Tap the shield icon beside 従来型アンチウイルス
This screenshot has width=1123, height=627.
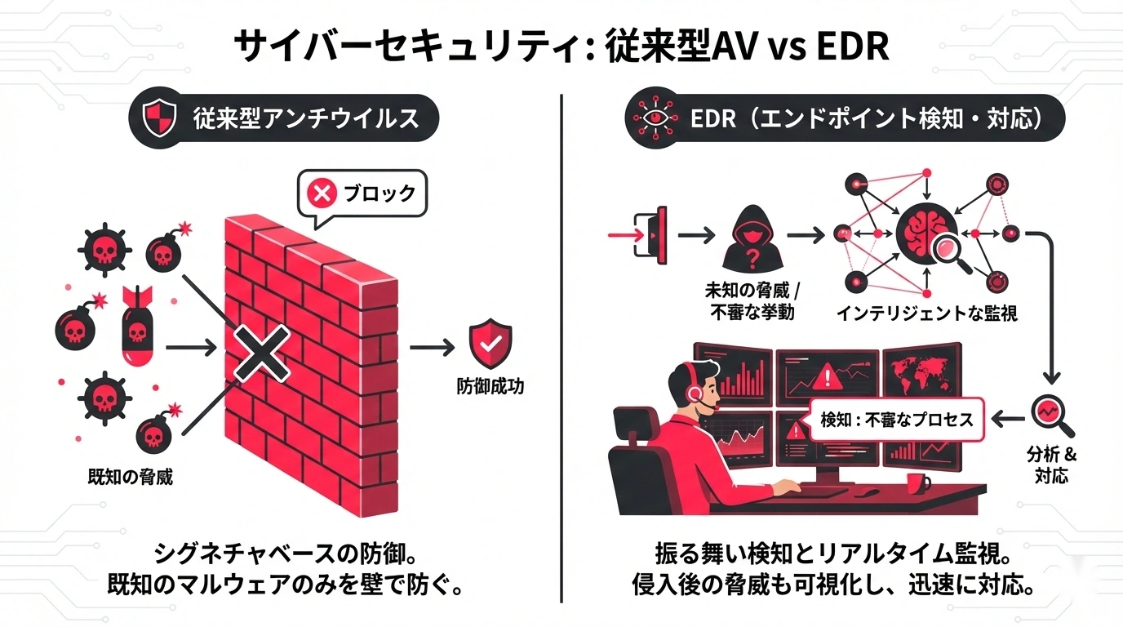click(x=159, y=120)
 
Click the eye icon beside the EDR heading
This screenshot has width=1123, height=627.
click(x=654, y=120)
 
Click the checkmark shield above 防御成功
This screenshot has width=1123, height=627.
click(x=490, y=346)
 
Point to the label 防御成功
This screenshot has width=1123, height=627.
click(x=490, y=385)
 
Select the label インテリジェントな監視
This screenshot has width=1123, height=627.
click(x=927, y=313)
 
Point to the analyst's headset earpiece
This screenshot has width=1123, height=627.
click(x=694, y=393)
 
